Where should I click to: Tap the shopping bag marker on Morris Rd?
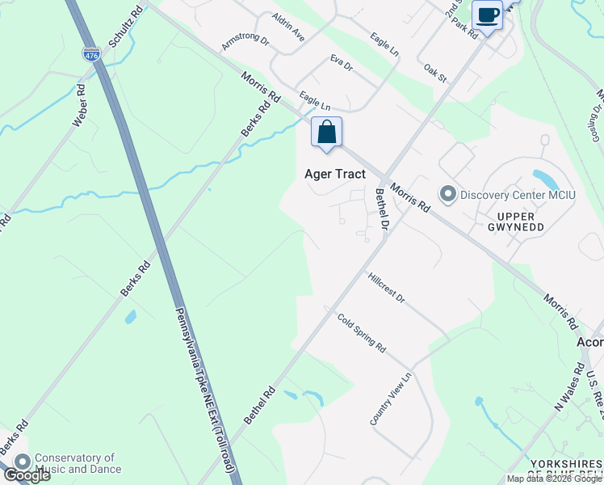coord(326,133)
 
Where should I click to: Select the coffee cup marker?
coord(488,15)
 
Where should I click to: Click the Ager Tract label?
coord(334,174)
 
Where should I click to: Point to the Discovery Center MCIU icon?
coord(447,194)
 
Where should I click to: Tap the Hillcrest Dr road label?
coord(386,288)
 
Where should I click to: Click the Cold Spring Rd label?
coord(361,331)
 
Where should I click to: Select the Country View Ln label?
coord(391,399)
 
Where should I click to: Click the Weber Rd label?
coord(79,105)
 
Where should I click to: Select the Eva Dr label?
coord(342,63)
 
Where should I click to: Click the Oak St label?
coord(435,72)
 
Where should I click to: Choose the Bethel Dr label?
coord(382,208)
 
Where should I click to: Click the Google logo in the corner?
coord(26,475)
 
